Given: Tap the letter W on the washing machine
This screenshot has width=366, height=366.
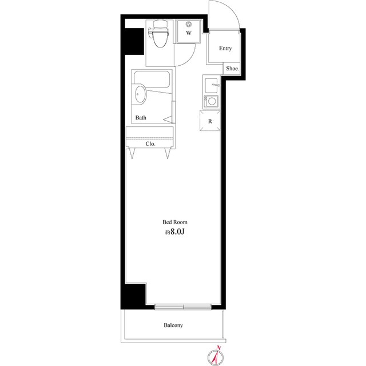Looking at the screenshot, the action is click(189, 33).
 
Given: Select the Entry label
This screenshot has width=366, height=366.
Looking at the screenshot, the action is click(225, 49).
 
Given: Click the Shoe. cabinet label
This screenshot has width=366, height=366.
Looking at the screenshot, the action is click(232, 69).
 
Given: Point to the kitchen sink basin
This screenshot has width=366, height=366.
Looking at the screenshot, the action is click(211, 85).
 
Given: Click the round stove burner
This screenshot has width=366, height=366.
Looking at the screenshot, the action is click(212, 102).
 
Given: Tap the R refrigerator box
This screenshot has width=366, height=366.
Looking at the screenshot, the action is click(210, 121).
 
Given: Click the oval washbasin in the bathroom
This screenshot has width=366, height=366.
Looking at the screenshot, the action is click(140, 94).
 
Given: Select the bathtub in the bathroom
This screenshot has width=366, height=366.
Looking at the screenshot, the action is click(152, 79).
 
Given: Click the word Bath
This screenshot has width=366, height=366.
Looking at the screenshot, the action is click(141, 118).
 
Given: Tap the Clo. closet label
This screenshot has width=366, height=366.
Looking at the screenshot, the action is click(150, 144).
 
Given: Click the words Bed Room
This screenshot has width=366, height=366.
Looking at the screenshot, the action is click(175, 222).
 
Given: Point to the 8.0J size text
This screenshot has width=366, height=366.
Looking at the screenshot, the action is click(177, 232).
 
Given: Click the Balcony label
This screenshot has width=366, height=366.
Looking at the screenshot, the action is click(173, 325).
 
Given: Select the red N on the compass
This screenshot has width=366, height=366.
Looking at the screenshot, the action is click(218, 348).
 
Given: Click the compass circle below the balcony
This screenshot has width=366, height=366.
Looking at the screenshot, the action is click(216, 357).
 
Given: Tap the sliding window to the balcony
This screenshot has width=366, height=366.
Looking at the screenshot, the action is click(183, 307).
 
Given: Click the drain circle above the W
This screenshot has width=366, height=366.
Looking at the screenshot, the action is click(188, 24).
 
